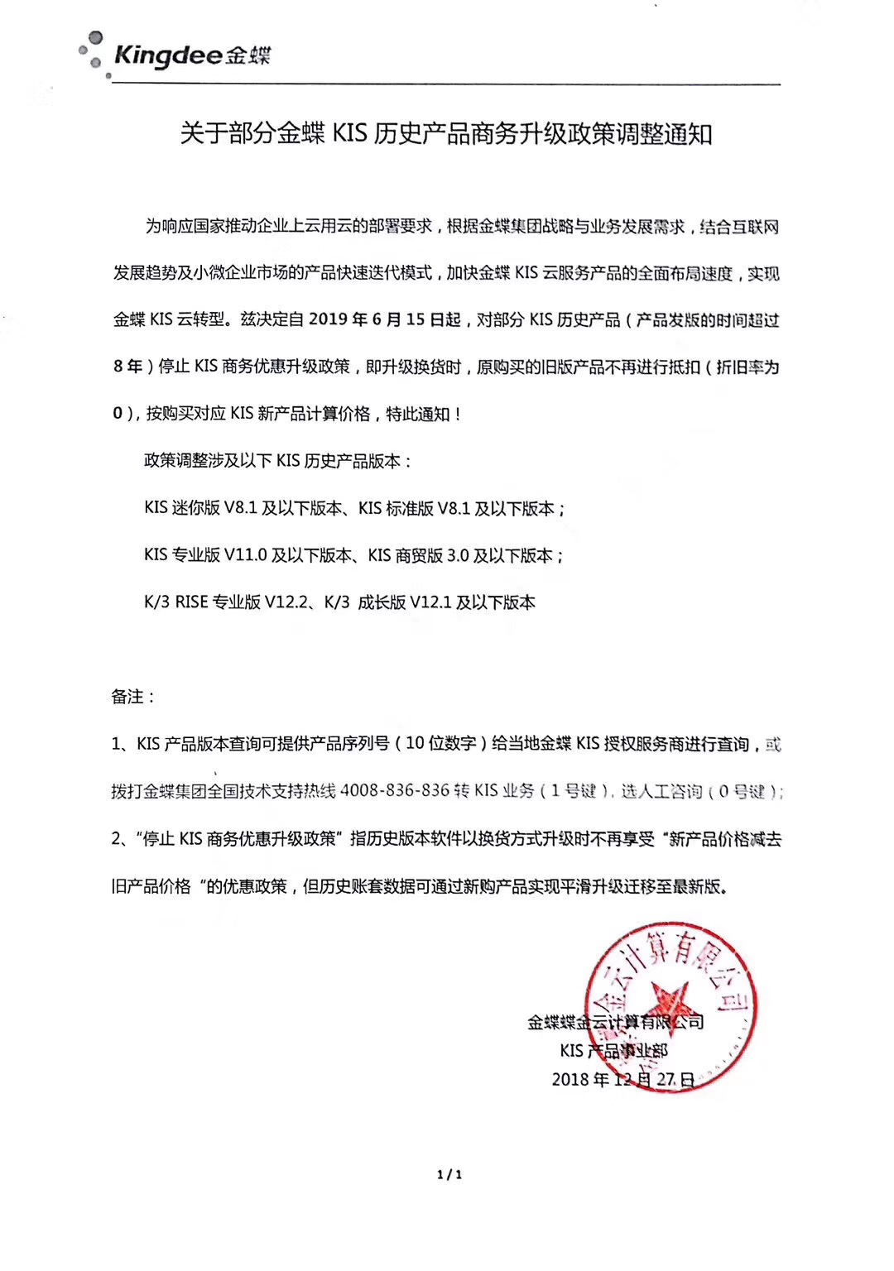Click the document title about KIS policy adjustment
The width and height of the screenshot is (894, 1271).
446,134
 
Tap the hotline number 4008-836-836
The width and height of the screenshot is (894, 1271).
395,791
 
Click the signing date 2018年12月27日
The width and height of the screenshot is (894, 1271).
622,1080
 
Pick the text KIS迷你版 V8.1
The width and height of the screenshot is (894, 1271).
200,508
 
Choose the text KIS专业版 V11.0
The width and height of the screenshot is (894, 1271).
205,555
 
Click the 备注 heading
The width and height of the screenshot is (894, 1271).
133,697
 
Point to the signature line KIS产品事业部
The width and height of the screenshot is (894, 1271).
613,1051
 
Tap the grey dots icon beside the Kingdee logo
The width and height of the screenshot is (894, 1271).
93,53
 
